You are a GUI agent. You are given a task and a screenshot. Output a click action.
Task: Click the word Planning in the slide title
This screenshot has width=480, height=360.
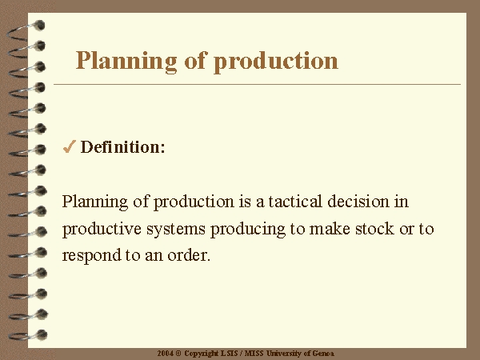pos(126,61)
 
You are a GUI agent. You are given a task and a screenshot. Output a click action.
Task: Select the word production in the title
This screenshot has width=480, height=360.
pos(276,61)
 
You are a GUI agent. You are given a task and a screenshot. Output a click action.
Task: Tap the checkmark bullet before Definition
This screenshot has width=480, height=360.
pos(69,146)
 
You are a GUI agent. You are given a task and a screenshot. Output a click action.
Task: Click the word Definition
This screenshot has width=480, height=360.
pos(122,146)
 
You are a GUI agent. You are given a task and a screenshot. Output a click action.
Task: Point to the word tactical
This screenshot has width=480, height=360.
pos(295,202)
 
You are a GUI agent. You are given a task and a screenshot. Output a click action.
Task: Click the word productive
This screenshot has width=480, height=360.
pos(102,230)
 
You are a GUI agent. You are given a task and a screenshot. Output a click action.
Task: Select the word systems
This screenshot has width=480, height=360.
pos(176,230)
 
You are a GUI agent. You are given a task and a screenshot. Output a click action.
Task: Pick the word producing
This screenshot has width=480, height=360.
pos(248,230)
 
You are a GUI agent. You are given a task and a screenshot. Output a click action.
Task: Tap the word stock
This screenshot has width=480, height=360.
pos(374,229)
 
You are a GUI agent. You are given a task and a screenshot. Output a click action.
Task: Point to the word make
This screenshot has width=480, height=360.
pos(330,229)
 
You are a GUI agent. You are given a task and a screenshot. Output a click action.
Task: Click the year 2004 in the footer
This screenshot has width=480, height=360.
pos(166,354)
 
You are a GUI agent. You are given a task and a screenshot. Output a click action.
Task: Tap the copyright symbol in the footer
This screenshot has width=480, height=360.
pos(178,354)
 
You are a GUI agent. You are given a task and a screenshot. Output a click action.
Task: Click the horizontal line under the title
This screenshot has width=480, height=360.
pos(257,84)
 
